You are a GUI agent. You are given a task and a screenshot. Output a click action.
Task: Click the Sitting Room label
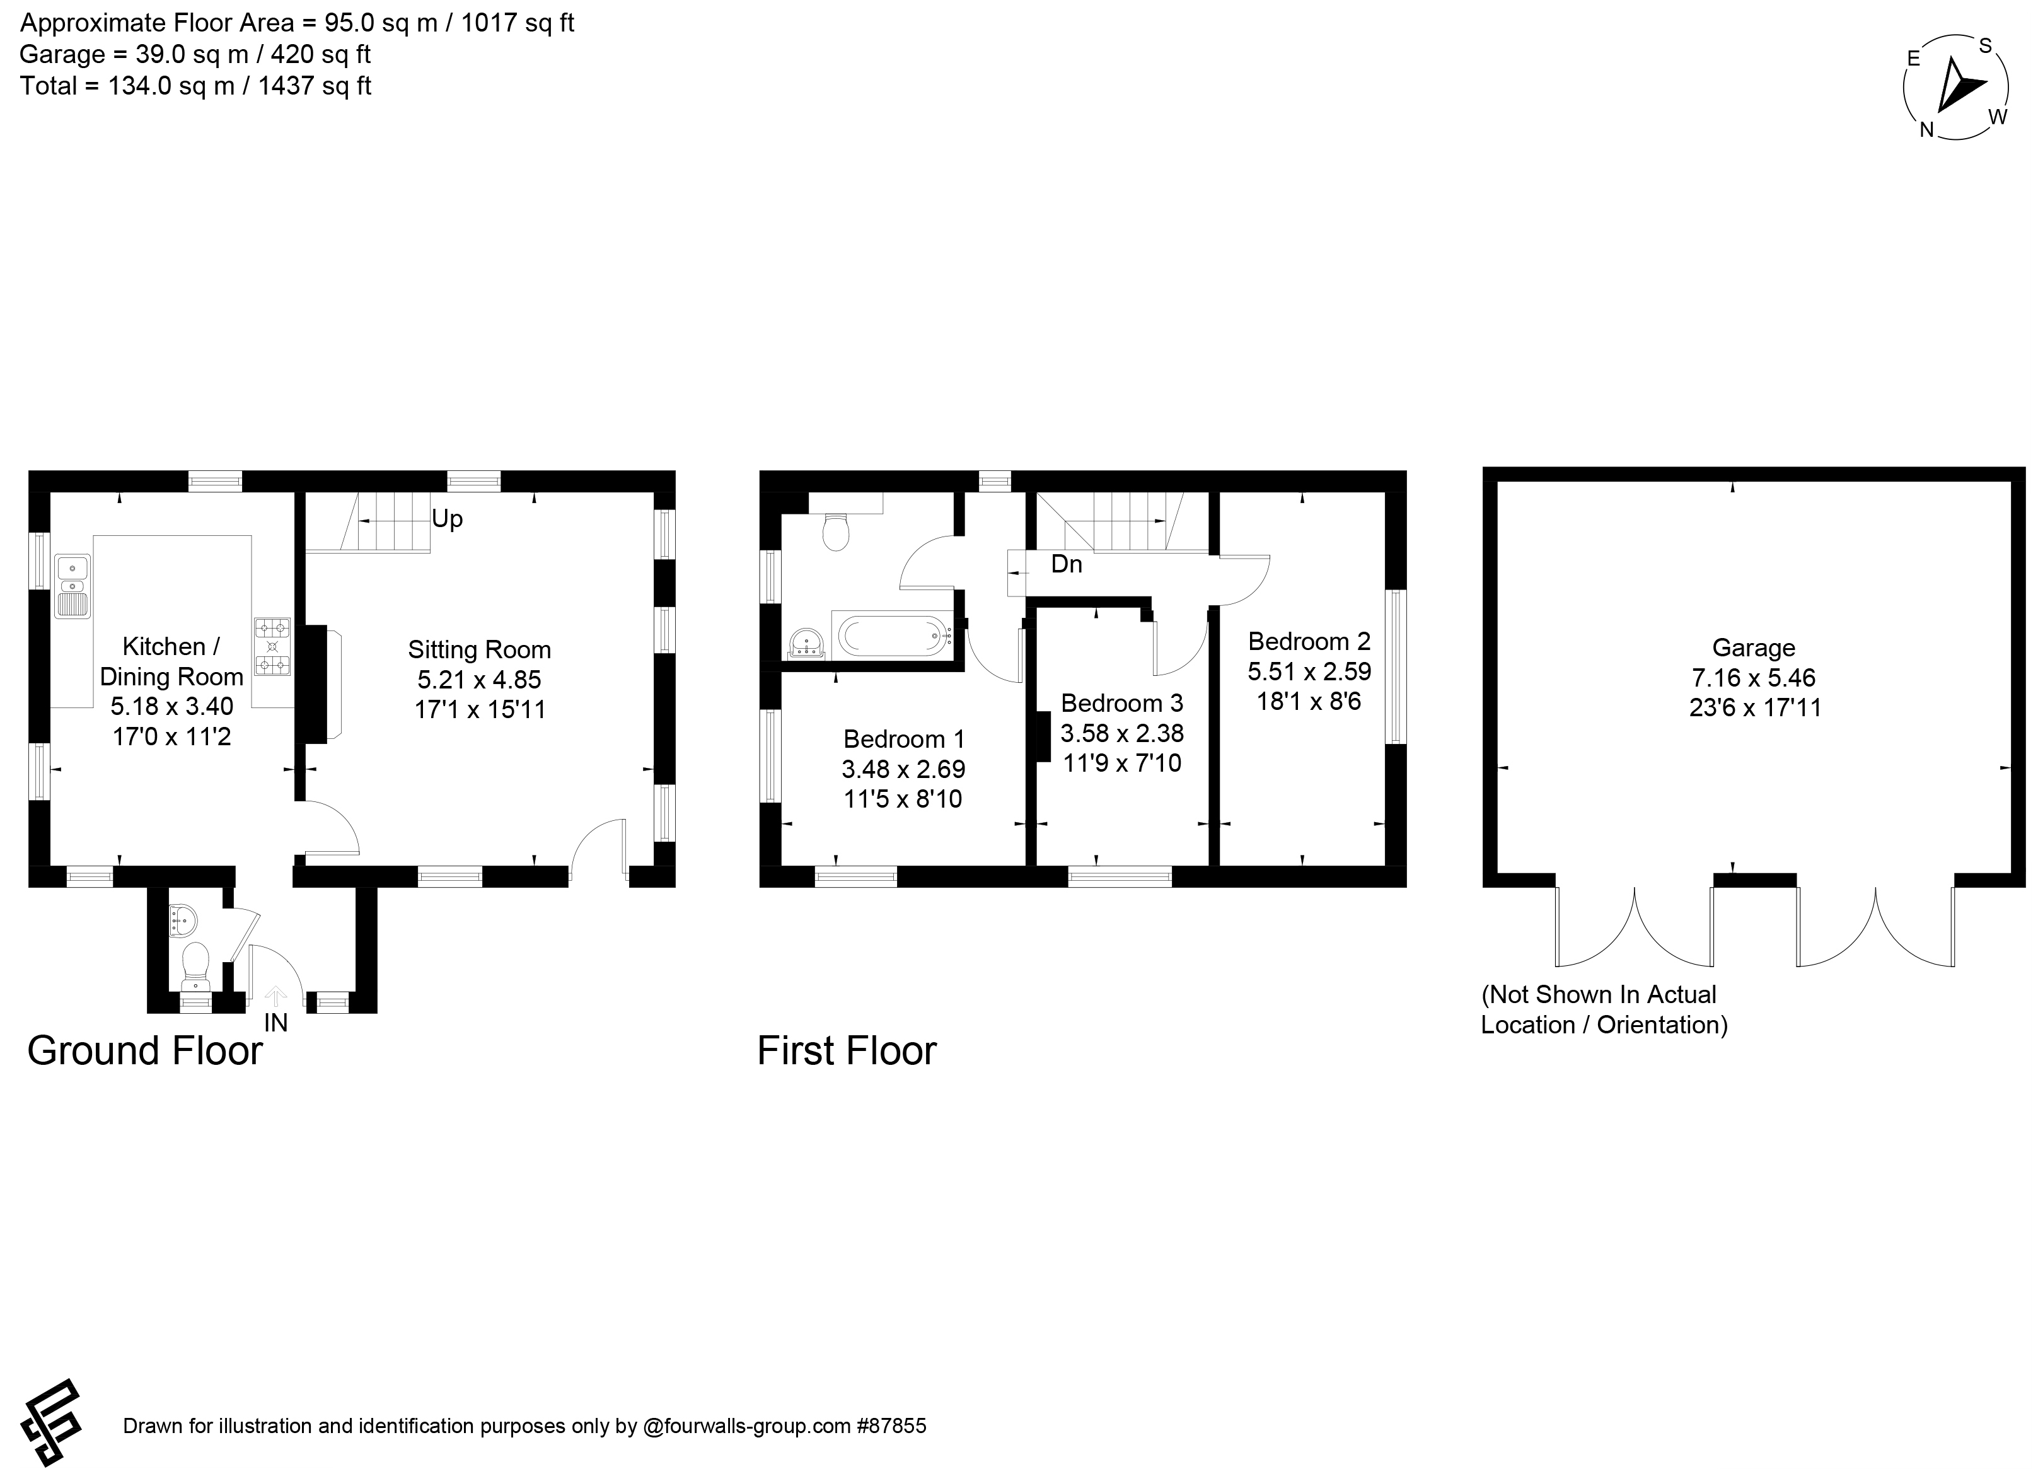coord(479,649)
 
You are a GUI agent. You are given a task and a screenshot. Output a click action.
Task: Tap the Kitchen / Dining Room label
coord(171,661)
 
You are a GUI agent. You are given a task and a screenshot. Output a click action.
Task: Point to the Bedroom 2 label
coord(1309,642)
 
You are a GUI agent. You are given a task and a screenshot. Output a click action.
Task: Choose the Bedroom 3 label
coord(1122,702)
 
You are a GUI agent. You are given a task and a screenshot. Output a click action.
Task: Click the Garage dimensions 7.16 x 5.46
coord(1754,678)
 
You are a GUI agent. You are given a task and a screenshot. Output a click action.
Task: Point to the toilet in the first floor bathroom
coord(837,532)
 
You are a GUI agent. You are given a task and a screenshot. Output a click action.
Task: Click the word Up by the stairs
coord(448,520)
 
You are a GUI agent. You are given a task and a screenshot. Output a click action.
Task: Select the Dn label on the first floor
coord(1067,564)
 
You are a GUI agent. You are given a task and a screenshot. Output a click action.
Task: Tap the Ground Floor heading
coord(145,1050)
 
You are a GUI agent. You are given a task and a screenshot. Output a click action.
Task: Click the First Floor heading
coord(847,1050)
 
